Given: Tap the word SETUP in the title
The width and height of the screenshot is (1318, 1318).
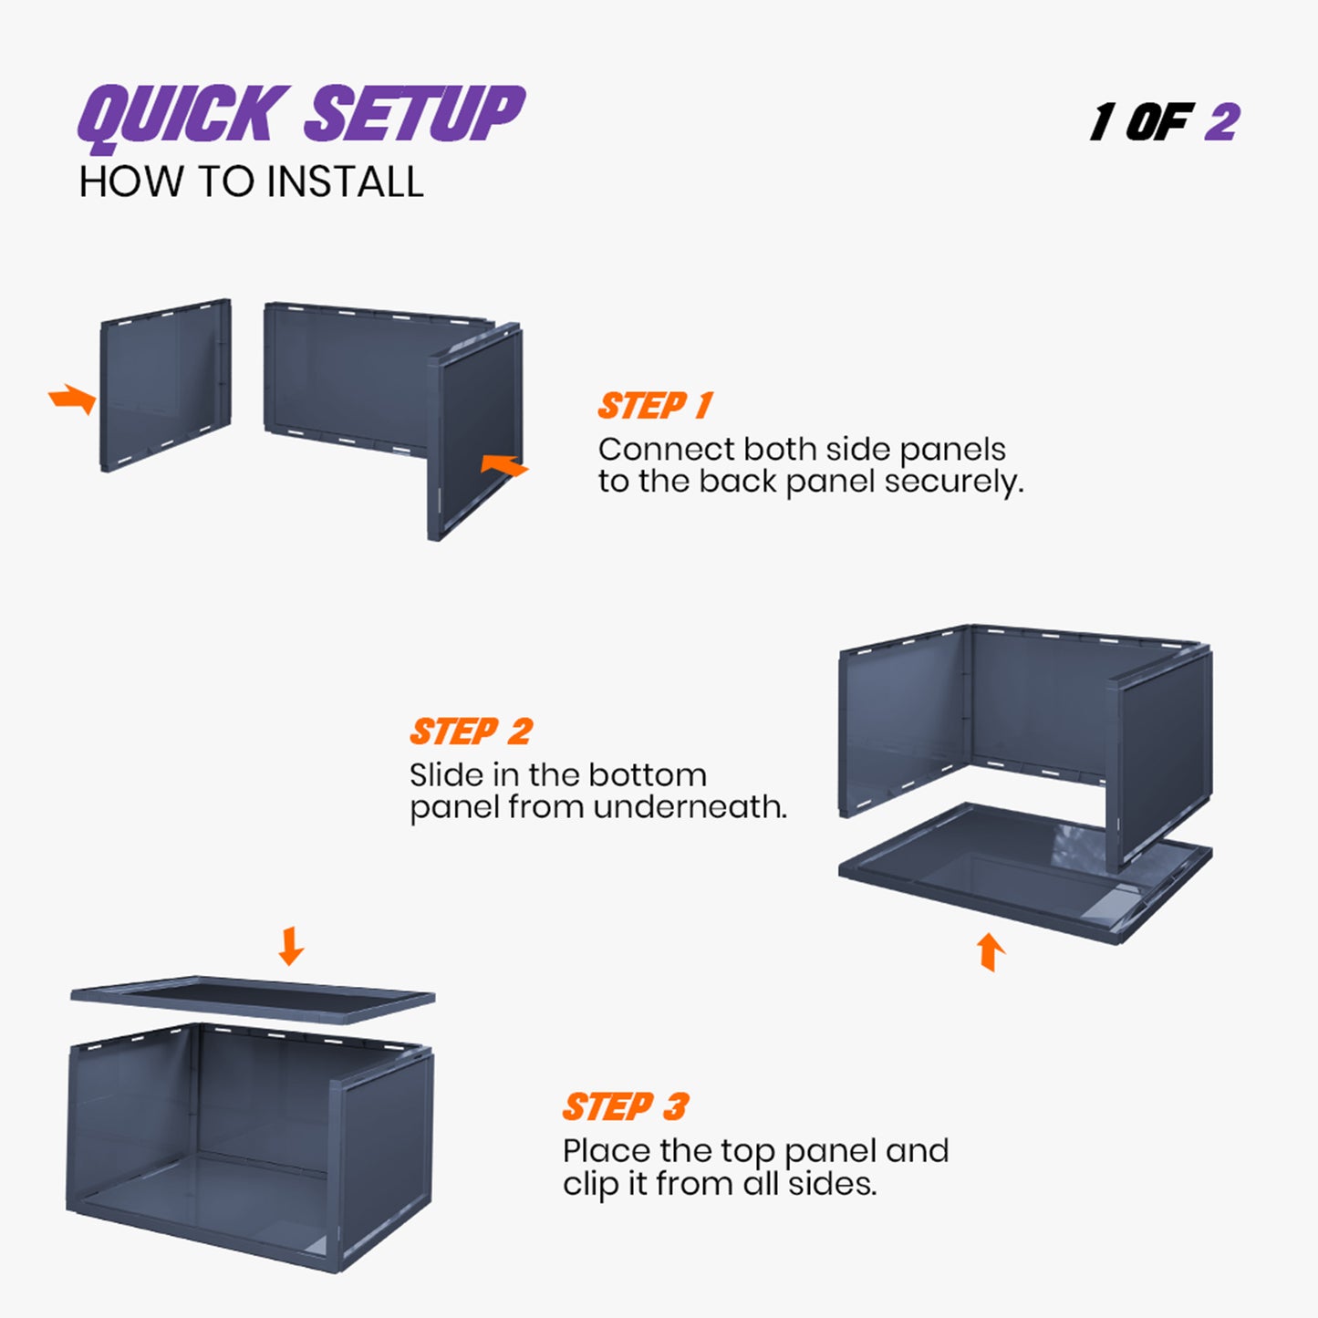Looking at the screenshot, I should pos(415,114).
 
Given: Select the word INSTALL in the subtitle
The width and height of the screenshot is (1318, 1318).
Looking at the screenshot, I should pos(345,182).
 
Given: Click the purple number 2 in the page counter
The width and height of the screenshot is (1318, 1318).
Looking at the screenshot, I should pos(1222,122).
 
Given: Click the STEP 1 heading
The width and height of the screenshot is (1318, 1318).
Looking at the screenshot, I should pos(655,406).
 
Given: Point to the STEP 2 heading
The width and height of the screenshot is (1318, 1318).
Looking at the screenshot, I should pos(471,732).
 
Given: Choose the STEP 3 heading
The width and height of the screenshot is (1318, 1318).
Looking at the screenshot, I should pos(625,1107).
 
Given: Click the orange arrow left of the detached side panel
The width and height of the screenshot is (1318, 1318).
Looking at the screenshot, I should pos(73,399).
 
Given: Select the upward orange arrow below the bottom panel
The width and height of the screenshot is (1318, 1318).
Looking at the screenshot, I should pos(991,951).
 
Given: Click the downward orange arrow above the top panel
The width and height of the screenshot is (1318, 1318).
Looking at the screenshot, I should pos(291,946).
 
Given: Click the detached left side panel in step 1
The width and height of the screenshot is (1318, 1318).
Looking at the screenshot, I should pos(164,386).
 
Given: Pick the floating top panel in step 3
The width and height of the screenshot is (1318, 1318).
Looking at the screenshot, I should pos(253,1000).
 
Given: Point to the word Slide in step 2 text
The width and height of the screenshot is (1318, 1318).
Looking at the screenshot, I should pos(446,775).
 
